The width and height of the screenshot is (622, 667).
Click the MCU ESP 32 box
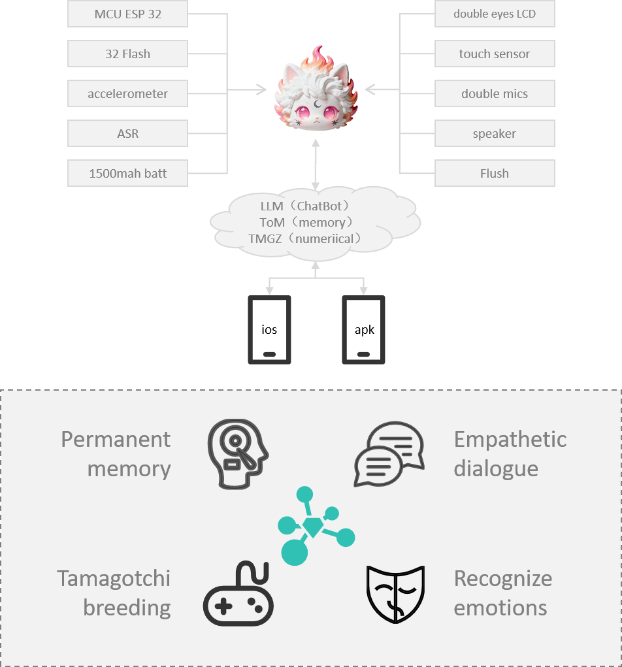[127, 14]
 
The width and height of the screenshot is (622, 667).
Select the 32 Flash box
[127, 54]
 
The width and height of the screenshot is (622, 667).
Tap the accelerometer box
[127, 93]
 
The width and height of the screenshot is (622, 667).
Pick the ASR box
[127, 133]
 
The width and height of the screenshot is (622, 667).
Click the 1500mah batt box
[127, 173]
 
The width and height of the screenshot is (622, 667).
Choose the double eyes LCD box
[495, 14]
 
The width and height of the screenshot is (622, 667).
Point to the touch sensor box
[495, 54]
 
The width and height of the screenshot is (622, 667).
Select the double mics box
[495, 93]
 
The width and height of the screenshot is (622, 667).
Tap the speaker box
[495, 133]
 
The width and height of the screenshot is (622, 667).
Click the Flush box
[495, 173]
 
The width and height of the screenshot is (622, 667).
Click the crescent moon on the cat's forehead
[317, 103]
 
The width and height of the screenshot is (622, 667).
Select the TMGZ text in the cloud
[264, 239]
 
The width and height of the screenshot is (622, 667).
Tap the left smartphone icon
[269, 329]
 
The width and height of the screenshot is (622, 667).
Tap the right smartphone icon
[363, 329]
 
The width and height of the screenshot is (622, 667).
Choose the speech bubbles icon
[389, 454]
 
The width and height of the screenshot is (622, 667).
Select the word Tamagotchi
[114, 579]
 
